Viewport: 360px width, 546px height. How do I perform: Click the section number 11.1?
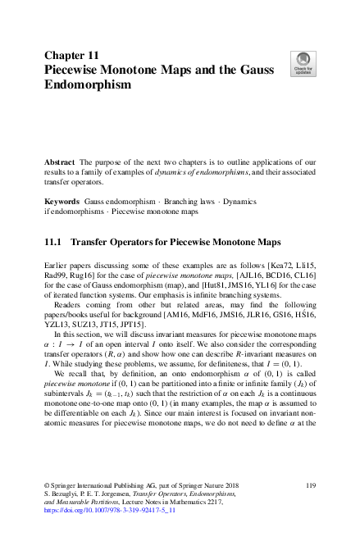pos(53,243)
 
